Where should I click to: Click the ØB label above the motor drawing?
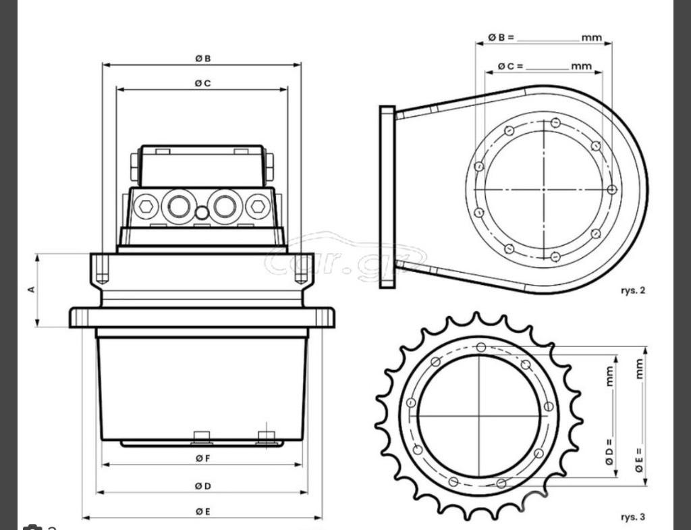pyautogui.click(x=202, y=59)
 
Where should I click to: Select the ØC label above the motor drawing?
pyautogui.click(x=202, y=83)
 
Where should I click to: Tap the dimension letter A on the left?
pyautogui.click(x=31, y=289)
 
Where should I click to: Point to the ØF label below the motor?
pyautogui.click(x=202, y=458)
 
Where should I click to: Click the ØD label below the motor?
pyautogui.click(x=202, y=486)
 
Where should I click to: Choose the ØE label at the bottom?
pyautogui.click(x=202, y=512)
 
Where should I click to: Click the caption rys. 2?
pyautogui.click(x=632, y=290)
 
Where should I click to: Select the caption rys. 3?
pyautogui.click(x=632, y=517)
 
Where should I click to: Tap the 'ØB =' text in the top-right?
pyautogui.click(x=501, y=38)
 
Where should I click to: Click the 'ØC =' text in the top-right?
pyautogui.click(x=511, y=66)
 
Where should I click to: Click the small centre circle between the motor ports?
pyautogui.click(x=202, y=213)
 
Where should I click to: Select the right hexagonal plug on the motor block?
pyautogui.click(x=257, y=206)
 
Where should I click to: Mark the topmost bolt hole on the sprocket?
pyautogui.click(x=480, y=347)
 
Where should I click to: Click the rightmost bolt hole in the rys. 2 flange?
pyautogui.click(x=612, y=190)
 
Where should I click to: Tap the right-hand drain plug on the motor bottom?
pyautogui.click(x=268, y=438)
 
